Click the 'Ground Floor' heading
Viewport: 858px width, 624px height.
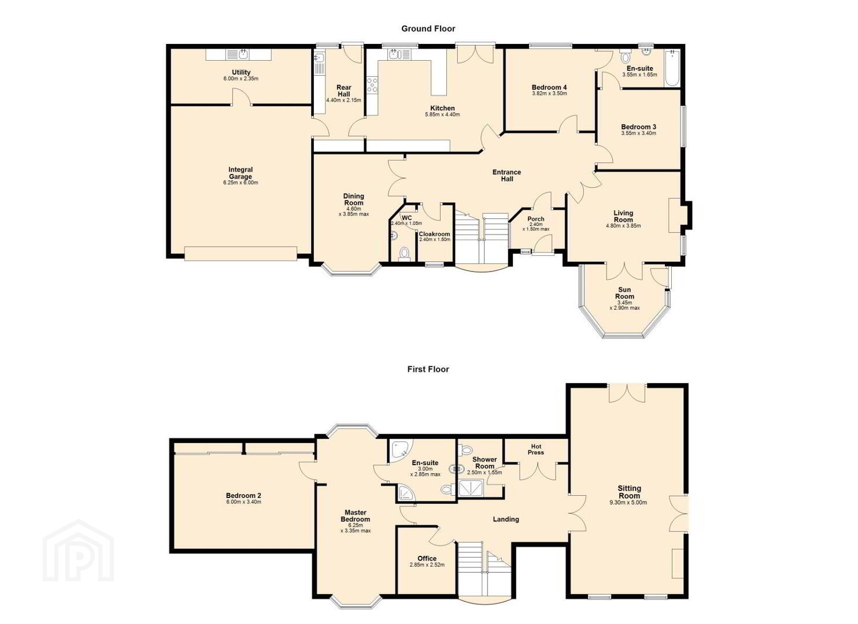[x=428, y=29]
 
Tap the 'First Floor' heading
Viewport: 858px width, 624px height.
[x=428, y=369]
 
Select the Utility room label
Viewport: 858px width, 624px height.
[x=241, y=72]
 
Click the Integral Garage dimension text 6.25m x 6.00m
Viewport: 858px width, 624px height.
[x=241, y=183]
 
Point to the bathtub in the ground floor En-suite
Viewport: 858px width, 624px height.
[x=672, y=68]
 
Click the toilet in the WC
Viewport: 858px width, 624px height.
[x=404, y=254]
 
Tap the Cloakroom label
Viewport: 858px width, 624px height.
[x=434, y=234]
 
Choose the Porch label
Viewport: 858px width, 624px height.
[x=536, y=219]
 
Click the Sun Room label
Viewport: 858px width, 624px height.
[x=624, y=293]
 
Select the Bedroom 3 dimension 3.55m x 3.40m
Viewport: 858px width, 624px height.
[x=638, y=133]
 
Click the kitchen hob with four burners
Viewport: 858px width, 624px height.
[x=372, y=85]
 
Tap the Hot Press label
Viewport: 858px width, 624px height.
[x=536, y=450]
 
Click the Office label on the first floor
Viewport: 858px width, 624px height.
[x=427, y=559]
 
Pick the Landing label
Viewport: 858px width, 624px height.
[x=506, y=519]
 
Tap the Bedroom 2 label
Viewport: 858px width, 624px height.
[x=243, y=495]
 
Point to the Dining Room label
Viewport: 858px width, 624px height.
[x=353, y=199]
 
